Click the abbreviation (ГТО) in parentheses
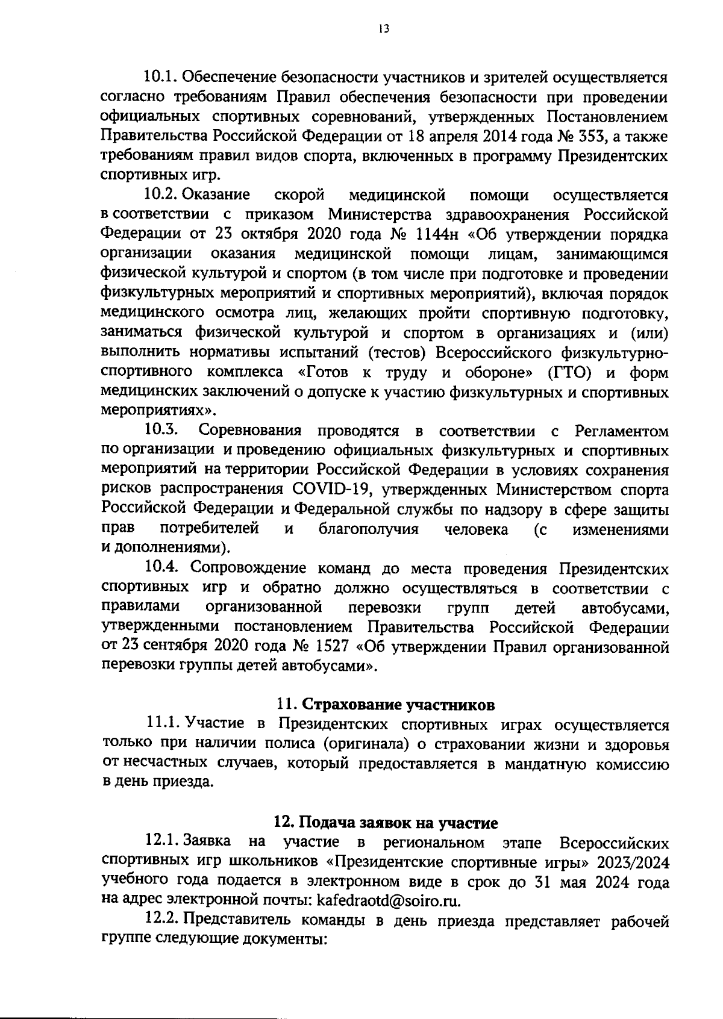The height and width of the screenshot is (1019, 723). point(569,373)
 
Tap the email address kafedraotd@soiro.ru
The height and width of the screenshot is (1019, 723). point(389,901)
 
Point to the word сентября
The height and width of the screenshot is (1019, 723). point(171,647)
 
